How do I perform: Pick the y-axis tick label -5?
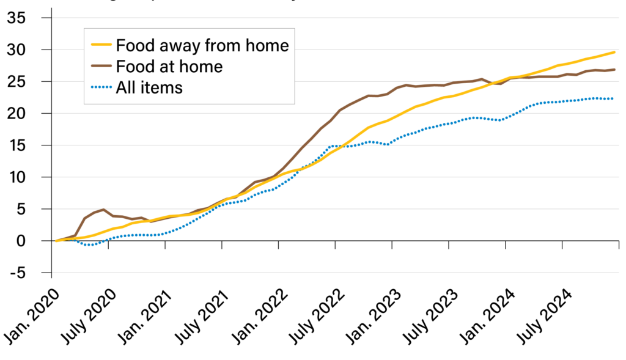click(29, 273)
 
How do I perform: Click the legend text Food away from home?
click(202, 45)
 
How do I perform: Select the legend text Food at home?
click(169, 66)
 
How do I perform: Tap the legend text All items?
click(149, 87)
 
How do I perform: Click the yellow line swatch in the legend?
click(101, 45)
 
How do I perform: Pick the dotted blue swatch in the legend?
click(101, 87)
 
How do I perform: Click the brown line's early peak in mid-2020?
click(103, 210)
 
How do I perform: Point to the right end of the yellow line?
click(614, 53)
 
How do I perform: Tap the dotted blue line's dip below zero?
click(89, 244)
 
